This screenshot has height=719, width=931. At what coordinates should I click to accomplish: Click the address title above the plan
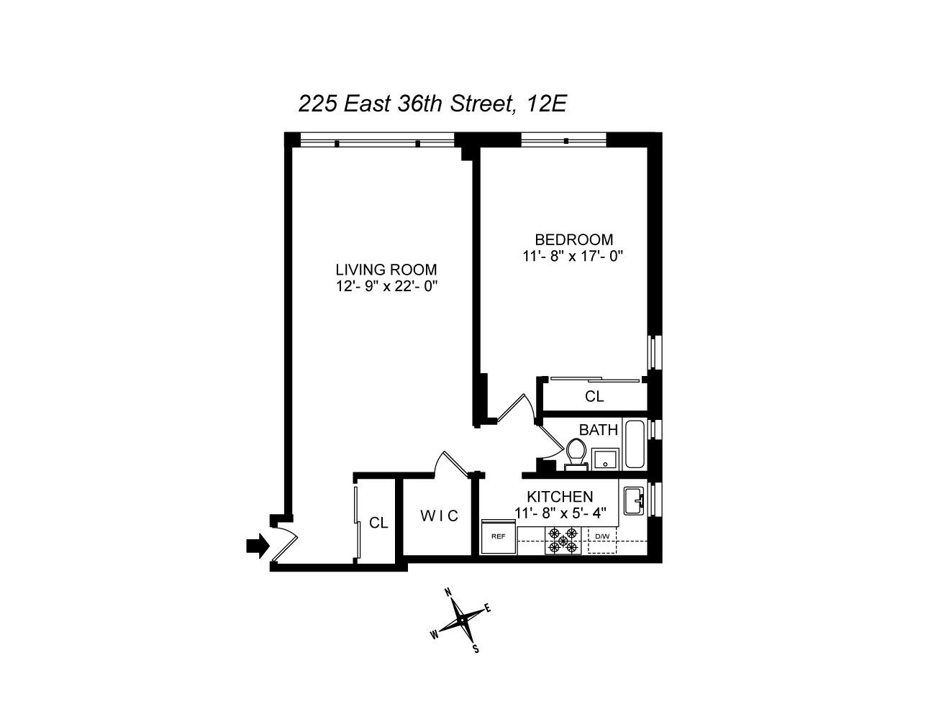(x=432, y=104)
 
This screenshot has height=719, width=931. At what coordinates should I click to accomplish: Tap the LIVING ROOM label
(x=386, y=270)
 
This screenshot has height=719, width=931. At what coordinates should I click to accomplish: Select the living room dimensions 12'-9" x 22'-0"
(x=386, y=285)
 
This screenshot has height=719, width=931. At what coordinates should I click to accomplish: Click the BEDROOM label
(x=573, y=239)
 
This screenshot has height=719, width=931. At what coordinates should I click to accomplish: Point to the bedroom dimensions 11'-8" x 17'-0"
(x=573, y=255)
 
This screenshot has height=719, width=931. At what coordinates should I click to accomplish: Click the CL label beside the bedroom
(x=594, y=396)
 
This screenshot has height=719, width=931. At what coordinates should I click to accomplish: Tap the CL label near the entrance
(x=378, y=523)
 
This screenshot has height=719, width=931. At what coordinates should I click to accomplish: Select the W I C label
(x=439, y=516)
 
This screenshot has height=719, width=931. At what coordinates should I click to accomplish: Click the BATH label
(x=599, y=430)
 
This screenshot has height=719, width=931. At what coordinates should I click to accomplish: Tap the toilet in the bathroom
(x=576, y=453)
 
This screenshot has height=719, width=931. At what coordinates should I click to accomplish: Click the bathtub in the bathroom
(x=634, y=444)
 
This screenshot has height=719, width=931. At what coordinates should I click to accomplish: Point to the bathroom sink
(x=605, y=457)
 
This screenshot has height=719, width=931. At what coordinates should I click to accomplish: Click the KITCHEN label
(x=560, y=497)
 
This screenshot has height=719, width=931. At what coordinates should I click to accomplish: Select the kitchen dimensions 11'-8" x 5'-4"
(x=561, y=513)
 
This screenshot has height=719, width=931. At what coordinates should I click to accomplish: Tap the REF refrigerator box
(x=498, y=536)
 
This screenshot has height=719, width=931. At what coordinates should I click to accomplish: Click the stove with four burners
(x=563, y=540)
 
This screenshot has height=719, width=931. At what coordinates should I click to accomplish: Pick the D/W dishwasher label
(x=601, y=536)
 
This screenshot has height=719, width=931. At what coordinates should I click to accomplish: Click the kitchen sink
(x=633, y=500)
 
